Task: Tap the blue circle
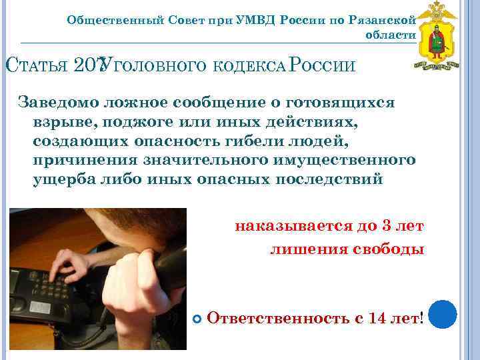tap(442, 314)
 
